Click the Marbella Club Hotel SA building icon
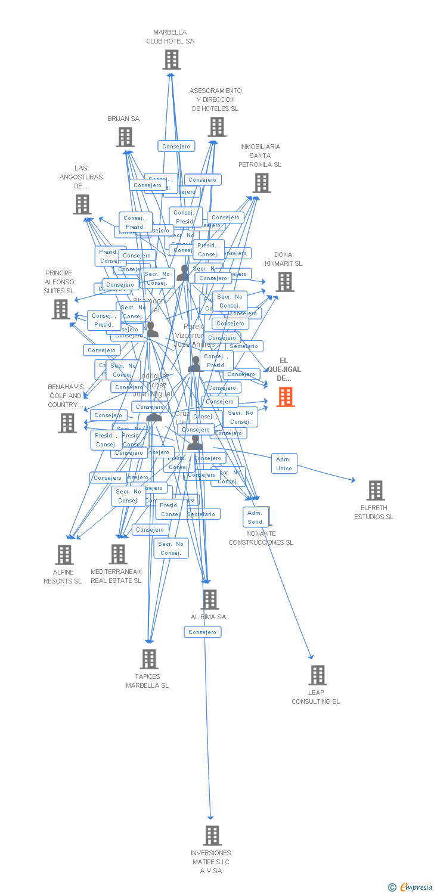click(172, 60)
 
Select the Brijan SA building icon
click(125, 137)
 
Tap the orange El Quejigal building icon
click(286, 396)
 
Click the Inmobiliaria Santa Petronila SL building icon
click(262, 183)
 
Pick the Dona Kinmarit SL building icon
click(285, 282)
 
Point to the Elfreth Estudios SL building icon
click(375, 491)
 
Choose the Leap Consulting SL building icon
click(318, 675)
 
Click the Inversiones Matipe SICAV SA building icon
click(212, 836)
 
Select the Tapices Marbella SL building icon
click(149, 659)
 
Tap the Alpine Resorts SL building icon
click(64, 555)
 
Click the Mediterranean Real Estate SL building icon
click(117, 554)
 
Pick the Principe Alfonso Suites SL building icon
click(61, 309)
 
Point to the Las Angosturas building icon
click(82, 204)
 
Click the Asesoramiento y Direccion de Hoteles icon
click(217, 127)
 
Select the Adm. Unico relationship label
click(284, 464)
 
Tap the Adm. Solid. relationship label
click(255, 517)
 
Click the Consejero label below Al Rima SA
click(203, 632)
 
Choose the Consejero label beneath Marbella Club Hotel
click(176, 146)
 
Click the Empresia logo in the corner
click(411, 887)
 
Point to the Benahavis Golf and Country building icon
click(67, 423)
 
